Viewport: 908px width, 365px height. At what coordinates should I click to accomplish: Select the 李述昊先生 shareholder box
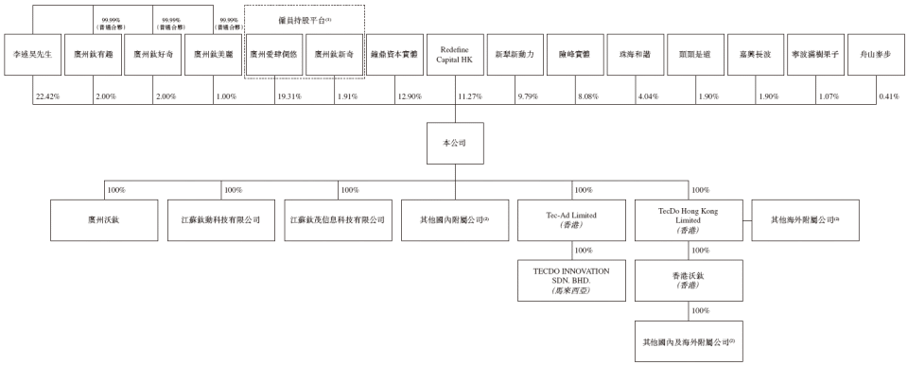click(x=33, y=55)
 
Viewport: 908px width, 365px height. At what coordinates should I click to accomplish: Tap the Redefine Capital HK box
click(x=455, y=55)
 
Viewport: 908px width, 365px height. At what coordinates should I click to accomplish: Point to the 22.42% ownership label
click(x=47, y=97)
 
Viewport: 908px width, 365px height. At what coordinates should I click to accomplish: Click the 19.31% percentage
click(x=288, y=97)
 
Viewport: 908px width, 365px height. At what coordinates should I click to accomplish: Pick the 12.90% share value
click(x=409, y=97)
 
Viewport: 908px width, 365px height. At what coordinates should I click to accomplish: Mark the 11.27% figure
click(x=469, y=97)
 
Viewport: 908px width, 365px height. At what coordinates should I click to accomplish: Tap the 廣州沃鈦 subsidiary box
click(x=104, y=219)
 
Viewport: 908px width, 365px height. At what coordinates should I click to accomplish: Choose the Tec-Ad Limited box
click(x=573, y=219)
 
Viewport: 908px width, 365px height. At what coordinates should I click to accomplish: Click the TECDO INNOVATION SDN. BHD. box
click(x=573, y=282)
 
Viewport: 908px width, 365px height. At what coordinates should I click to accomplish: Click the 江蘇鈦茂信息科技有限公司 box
click(x=338, y=219)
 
